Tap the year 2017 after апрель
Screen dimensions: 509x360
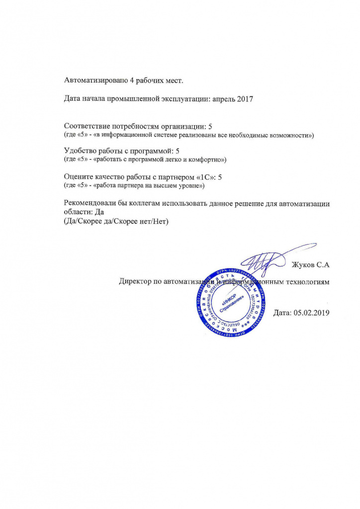[x=244, y=99]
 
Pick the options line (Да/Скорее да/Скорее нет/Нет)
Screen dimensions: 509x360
[x=117, y=221]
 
